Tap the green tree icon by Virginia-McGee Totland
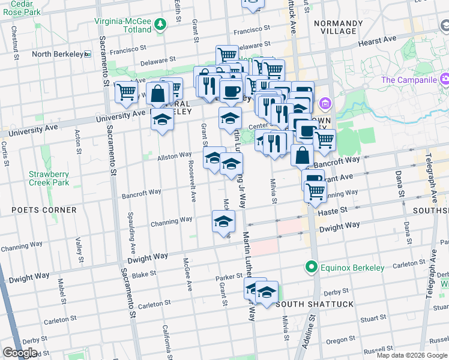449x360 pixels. [x=160, y=25]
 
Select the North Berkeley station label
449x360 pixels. [x=57, y=54]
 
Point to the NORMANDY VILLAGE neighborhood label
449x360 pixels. [x=338, y=28]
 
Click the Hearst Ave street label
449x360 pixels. [x=377, y=40]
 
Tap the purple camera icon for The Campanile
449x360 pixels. [x=445, y=79]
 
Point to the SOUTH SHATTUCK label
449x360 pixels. [x=315, y=304]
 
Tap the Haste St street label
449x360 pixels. [x=336, y=210]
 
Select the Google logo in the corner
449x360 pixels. [x=20, y=353]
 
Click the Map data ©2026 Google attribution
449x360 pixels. [x=412, y=355]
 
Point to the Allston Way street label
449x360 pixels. [x=175, y=156]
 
